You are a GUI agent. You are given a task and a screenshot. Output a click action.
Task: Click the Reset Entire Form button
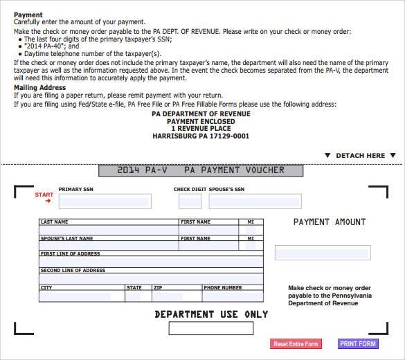click(x=296, y=344)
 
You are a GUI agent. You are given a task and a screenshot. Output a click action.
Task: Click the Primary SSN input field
click(x=105, y=201)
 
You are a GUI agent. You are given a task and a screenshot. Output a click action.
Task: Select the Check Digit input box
click(x=190, y=201)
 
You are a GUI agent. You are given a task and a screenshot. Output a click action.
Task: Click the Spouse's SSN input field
click(x=255, y=201)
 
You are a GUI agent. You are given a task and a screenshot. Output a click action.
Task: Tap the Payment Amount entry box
click(x=322, y=253)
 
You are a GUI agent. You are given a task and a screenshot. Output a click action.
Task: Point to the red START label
click(x=44, y=195)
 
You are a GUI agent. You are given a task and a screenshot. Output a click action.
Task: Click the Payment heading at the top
click(x=28, y=15)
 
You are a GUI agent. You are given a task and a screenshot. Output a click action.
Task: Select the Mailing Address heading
click(x=39, y=88)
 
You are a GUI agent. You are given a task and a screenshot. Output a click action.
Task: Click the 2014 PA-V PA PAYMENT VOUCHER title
click(x=201, y=170)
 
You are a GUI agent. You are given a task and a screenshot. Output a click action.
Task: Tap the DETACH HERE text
click(x=360, y=156)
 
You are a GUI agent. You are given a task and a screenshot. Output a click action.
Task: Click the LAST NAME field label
click(x=55, y=222)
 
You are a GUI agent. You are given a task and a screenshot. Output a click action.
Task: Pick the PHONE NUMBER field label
click(x=223, y=287)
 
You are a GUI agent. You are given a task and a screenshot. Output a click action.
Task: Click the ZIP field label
click(x=158, y=287)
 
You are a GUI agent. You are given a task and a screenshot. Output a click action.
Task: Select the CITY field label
click(x=46, y=287)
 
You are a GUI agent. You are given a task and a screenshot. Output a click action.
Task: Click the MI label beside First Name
click(x=250, y=222)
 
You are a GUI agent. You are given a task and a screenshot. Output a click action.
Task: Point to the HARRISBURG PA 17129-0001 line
click(x=201, y=136)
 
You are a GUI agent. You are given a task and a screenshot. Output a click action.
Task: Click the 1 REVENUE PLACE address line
click(x=201, y=129)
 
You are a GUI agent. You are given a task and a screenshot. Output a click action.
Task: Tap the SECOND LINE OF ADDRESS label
click(x=73, y=271)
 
